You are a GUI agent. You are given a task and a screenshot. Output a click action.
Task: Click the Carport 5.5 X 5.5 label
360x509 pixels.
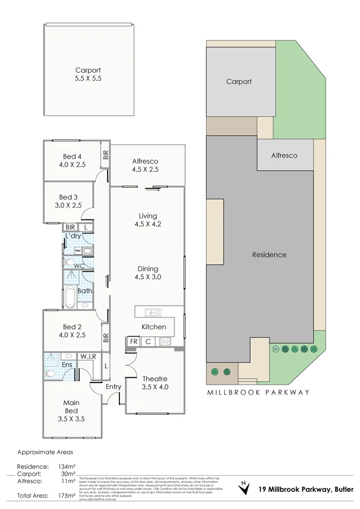pyautogui.click(x=88, y=74)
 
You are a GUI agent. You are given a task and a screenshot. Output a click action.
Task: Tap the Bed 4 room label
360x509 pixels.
pyautogui.click(x=73, y=157)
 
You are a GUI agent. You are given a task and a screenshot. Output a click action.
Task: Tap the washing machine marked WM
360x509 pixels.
pyautogui.click(x=77, y=251)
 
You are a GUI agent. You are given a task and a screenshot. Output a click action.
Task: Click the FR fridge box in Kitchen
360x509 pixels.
pyautogui.click(x=132, y=342)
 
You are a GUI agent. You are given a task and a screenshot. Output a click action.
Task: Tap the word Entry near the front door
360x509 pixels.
pyautogui.click(x=114, y=386)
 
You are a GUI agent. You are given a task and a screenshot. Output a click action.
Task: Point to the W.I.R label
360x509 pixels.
pyautogui.click(x=88, y=356)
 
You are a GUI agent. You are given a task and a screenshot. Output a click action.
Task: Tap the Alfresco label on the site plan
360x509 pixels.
pyautogui.click(x=284, y=155)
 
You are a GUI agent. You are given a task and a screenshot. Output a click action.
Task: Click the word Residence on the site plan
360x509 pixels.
pyautogui.click(x=269, y=254)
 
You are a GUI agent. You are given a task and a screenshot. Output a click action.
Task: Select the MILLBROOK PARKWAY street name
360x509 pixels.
pyautogui.click(x=258, y=392)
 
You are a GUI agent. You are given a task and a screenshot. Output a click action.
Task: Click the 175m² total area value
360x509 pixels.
pyautogui.click(x=61, y=495)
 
